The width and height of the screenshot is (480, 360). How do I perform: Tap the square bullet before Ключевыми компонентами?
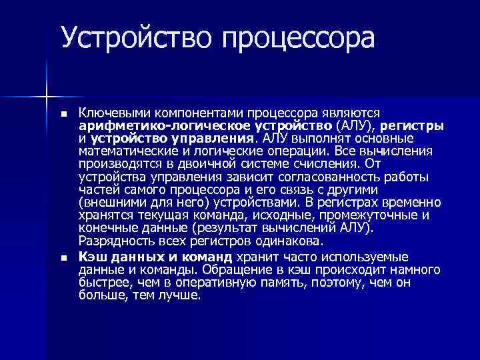(64, 115)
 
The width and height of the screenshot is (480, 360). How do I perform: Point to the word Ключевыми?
(111, 114)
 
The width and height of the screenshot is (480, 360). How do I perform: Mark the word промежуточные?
(369, 215)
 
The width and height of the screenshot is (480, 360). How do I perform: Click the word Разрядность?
(111, 241)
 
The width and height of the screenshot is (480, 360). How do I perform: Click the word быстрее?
(101, 281)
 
